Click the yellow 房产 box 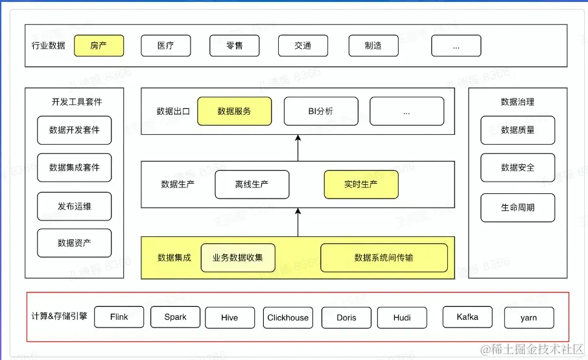pos(99,45)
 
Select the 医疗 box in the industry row pos(166,45)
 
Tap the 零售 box pos(234,45)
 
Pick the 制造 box pos(373,45)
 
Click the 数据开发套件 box pos(75,130)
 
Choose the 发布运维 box pos(75,206)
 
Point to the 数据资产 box pos(75,243)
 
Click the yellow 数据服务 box pos(234,112)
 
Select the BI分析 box pos(321,112)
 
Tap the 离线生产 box pos(252,184)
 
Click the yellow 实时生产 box pos(360,184)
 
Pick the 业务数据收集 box pos(238,258)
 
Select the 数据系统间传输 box pos(384,258)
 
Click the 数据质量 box pos(517,130)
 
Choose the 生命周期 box pos(517,208)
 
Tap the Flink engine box pos(119,317)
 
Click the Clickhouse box pos(288,318)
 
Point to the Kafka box pos(467,317)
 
